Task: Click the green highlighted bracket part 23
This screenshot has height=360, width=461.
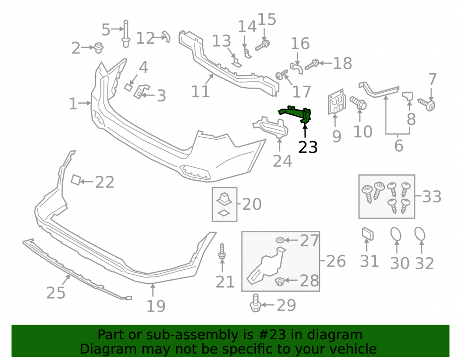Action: (x=296, y=112)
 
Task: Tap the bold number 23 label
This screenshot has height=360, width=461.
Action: (x=308, y=147)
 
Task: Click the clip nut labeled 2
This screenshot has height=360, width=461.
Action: (x=99, y=47)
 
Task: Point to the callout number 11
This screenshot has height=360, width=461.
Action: (x=201, y=91)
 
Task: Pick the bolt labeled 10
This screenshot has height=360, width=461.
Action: (x=358, y=103)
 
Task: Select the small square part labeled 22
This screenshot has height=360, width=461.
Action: (x=76, y=180)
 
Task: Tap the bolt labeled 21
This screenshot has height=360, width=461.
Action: (x=222, y=251)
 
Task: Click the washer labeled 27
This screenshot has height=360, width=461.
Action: (x=280, y=241)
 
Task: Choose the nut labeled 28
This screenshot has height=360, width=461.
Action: (x=280, y=282)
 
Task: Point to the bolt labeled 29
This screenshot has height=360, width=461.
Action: (x=255, y=303)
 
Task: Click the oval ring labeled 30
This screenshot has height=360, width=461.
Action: (x=396, y=234)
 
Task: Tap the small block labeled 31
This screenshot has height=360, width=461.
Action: (x=367, y=234)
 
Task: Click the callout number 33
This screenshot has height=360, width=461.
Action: (x=432, y=197)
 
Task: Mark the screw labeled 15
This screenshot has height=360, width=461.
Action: (x=262, y=46)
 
